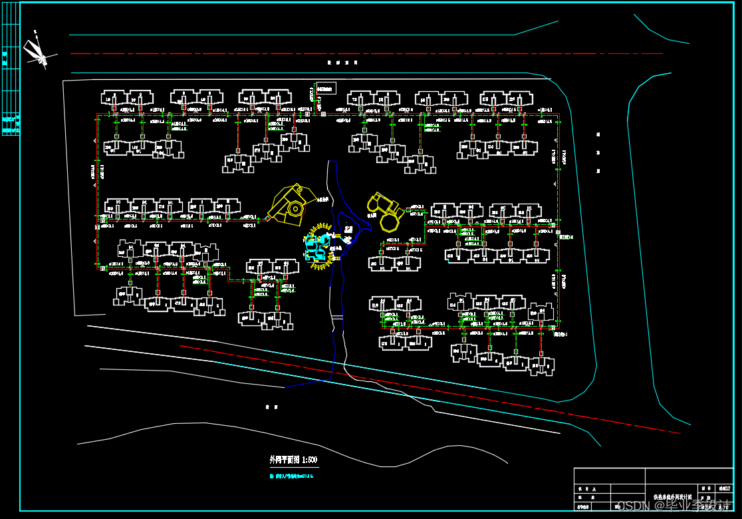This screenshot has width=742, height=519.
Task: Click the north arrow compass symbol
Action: click(x=36, y=52)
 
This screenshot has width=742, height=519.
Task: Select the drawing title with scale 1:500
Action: click(x=293, y=460)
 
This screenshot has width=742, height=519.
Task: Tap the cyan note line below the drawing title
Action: click(x=291, y=476)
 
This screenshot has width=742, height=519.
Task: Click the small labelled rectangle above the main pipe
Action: click(x=326, y=88)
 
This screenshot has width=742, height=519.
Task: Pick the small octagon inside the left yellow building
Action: click(x=293, y=208)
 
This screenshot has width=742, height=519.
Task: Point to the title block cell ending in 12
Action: click(x=723, y=489)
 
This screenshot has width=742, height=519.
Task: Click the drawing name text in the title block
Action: click(x=673, y=497)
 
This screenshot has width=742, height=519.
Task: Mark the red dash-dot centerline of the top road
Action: click(x=366, y=53)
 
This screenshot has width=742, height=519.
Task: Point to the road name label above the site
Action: click(x=342, y=63)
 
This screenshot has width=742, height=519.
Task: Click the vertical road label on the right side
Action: click(x=598, y=152)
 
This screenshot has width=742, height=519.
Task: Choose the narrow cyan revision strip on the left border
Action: click(x=11, y=80)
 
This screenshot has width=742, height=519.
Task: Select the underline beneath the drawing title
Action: click(x=293, y=466)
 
